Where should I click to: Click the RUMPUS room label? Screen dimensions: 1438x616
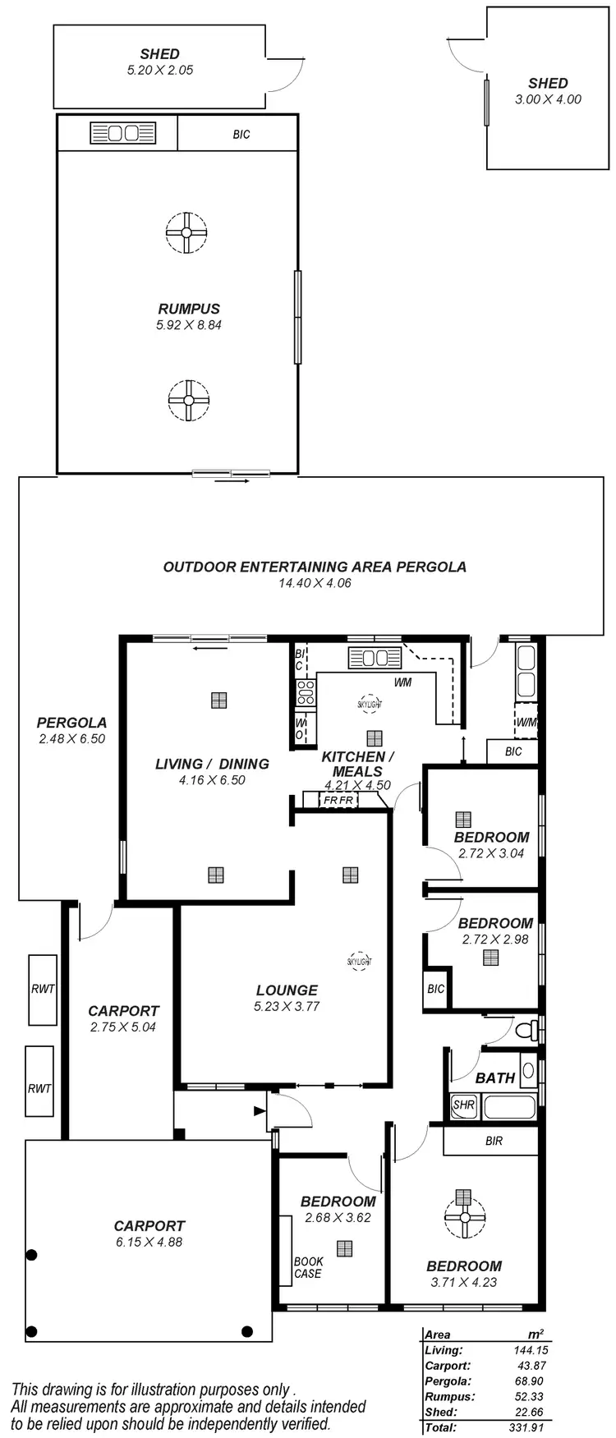pos(189,309)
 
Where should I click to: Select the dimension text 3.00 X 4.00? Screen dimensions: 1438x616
pos(548,99)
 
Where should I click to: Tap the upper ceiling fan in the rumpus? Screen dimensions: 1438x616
pos(186,232)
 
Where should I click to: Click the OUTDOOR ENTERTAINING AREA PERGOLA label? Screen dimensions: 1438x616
pos(315,567)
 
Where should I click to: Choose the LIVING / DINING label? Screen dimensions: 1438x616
pos(212,764)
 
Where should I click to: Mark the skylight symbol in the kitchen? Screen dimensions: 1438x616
pos(369,704)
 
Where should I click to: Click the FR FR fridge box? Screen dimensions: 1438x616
pos(338,800)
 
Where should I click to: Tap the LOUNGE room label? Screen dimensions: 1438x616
pos(287,990)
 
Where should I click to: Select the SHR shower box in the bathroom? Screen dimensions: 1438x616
pos(464,1105)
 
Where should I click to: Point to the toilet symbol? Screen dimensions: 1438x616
pos(530,1029)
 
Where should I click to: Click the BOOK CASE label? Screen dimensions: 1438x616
pos(308,1267)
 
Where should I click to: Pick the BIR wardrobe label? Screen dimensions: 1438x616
pos(494,1141)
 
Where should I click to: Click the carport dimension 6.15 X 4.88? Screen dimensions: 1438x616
pos(149,1242)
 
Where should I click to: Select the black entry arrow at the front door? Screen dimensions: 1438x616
pos(260,1111)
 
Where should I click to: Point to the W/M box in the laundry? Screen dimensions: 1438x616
pos(526,722)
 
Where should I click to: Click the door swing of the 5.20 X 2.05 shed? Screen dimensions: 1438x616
pos(284,76)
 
